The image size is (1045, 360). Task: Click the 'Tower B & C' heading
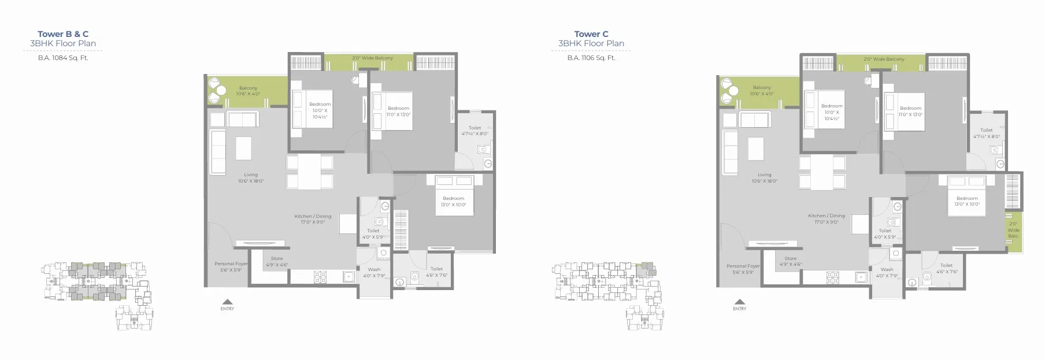point(63,34)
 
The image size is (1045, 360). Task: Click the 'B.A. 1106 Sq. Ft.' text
point(591,58)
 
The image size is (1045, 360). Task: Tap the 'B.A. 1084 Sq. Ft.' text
point(63,58)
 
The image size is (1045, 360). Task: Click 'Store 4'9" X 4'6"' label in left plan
point(277,262)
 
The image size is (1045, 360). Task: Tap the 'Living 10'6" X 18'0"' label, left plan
point(250,178)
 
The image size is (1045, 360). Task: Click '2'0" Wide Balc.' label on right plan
point(1013,229)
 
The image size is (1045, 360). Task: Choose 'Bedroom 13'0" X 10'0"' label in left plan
point(454,201)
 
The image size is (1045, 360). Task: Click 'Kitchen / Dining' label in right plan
point(827,218)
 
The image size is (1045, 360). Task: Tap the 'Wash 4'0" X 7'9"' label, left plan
point(374,272)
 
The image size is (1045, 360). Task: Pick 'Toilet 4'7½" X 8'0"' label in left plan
point(475,131)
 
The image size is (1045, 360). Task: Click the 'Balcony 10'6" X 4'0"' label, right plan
point(762,91)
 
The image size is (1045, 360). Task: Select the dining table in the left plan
point(310,172)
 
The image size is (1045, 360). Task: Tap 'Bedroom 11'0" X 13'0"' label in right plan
point(910,111)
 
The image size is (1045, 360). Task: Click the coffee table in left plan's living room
point(243,147)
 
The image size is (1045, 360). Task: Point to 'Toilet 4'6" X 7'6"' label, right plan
point(946,269)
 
